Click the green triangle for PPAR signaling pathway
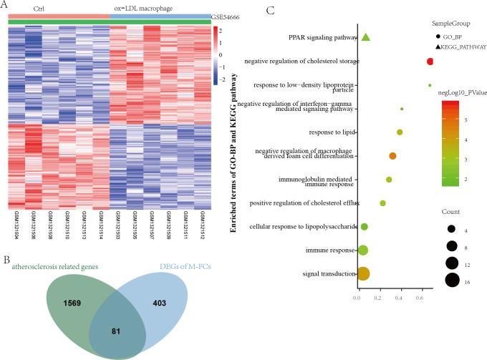(365, 37)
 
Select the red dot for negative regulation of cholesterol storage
(430, 62)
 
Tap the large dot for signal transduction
(363, 273)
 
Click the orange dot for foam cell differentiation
(392, 155)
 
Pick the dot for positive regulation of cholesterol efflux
(382, 203)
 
